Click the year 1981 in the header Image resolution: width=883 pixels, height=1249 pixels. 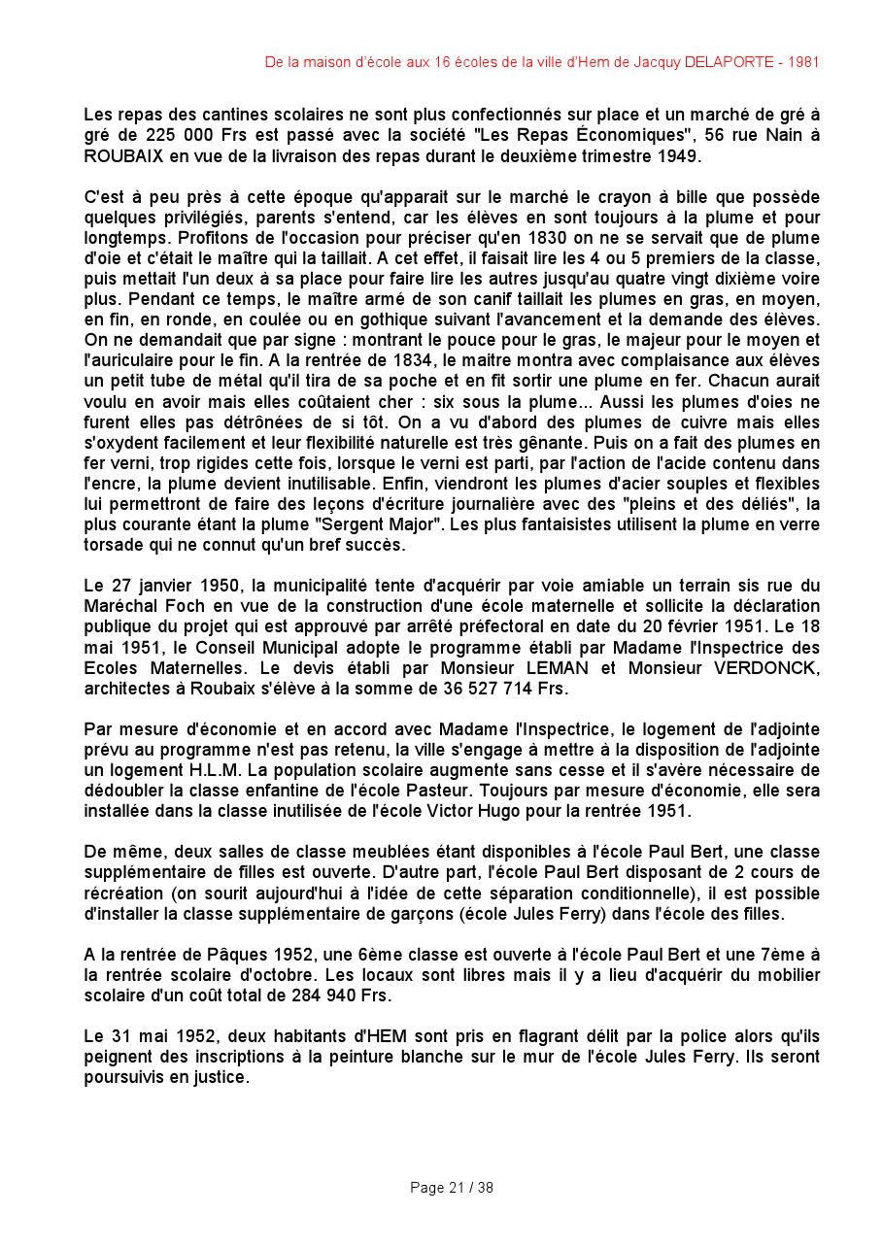(803, 62)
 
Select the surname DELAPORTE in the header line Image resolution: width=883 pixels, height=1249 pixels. (727, 62)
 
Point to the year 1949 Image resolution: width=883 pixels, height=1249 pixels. (677, 155)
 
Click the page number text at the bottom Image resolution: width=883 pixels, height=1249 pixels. (452, 1188)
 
